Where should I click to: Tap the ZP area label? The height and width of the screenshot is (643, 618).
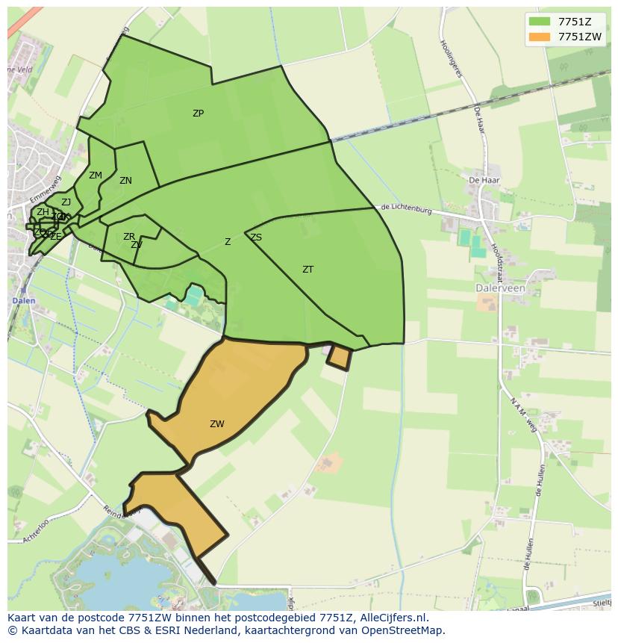pyautogui.click(x=198, y=114)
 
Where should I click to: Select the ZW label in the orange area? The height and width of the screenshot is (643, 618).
pyautogui.click(x=216, y=424)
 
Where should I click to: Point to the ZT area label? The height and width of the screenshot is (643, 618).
pyautogui.click(x=308, y=270)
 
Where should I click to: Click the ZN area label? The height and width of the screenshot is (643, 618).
pyautogui.click(x=125, y=181)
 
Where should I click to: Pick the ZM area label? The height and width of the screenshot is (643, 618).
pyautogui.click(x=95, y=175)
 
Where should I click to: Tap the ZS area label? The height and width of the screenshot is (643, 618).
pyautogui.click(x=256, y=237)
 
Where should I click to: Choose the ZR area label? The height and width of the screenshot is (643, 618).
pyautogui.click(x=129, y=237)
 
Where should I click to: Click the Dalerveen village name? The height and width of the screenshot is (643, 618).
pyautogui.click(x=500, y=288)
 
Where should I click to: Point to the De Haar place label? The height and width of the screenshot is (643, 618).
pyautogui.click(x=484, y=180)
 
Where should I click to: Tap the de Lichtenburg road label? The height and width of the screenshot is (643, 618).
pyautogui.click(x=406, y=210)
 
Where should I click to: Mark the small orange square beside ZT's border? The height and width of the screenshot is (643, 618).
pyautogui.click(x=340, y=358)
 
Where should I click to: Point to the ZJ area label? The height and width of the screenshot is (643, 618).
pyautogui.click(x=66, y=202)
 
